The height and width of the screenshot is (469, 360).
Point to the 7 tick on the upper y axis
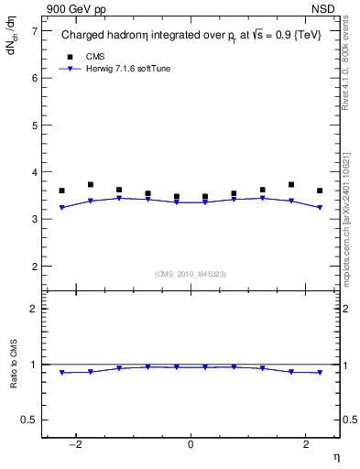34,30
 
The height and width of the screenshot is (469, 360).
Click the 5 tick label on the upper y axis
34,125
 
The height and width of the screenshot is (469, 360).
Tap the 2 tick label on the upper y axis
34,267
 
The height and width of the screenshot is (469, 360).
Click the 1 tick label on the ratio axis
34,365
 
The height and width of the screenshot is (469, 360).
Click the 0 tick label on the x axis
191,445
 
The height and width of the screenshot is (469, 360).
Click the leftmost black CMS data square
61,191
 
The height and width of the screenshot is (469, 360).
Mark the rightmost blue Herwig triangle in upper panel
320,208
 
